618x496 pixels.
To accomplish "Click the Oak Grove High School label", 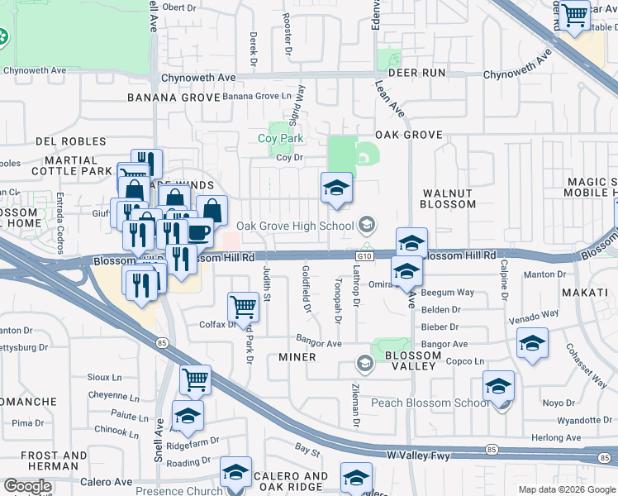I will (x=295, y=226).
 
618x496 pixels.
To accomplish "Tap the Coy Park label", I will (x=286, y=139).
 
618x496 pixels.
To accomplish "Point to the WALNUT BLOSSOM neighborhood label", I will (x=447, y=198).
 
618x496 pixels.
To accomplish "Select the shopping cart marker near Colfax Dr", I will (x=243, y=306).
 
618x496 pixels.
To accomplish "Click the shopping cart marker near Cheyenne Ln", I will (x=195, y=379).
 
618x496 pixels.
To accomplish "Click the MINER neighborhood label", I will (x=297, y=357).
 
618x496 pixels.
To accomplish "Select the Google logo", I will (x=27, y=486).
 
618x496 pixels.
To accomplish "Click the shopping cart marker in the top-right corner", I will (x=573, y=14).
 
